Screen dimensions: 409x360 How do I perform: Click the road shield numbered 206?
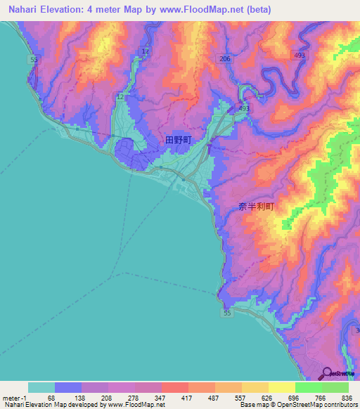pos(224,59)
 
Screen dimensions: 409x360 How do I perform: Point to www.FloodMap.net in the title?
pos(210,10)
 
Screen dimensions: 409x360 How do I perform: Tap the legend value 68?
pos(51,398)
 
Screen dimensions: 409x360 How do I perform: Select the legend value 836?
pos(347,398)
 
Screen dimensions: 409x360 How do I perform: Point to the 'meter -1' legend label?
pos(15,398)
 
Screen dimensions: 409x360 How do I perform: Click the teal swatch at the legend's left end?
pos(41,387)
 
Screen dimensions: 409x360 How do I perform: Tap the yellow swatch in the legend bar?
pos(281,387)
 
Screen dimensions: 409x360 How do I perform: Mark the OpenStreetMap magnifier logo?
pos(327,373)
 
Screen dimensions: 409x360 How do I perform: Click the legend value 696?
pos(290,398)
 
